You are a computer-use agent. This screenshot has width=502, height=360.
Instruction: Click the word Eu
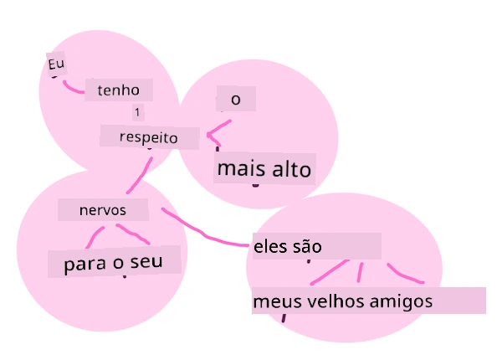tap(56, 64)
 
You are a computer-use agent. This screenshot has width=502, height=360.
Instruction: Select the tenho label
tap(119, 90)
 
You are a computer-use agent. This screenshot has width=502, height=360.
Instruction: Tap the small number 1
tap(138, 112)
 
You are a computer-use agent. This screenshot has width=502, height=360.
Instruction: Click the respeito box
tap(149, 138)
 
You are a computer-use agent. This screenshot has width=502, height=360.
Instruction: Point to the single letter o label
tap(236, 99)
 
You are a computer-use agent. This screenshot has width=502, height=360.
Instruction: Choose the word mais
tap(238, 168)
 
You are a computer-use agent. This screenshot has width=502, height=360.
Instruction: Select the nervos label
tap(103, 210)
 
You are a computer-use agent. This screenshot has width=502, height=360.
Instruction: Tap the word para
tap(85, 265)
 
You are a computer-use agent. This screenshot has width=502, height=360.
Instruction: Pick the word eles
tap(268, 246)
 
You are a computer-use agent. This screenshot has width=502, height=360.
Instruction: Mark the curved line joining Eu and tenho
tap(72, 90)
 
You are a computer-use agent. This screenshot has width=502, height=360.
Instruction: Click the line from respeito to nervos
tap(140, 176)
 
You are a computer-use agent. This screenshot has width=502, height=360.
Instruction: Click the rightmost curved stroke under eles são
tap(404, 275)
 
